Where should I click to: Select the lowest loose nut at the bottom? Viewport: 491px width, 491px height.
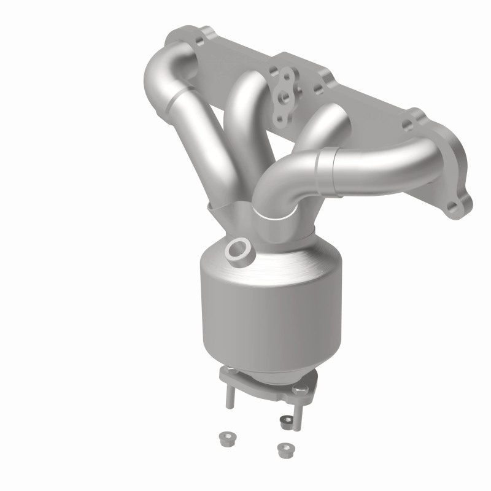283,450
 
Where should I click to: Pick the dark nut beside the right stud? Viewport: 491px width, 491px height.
285,421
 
